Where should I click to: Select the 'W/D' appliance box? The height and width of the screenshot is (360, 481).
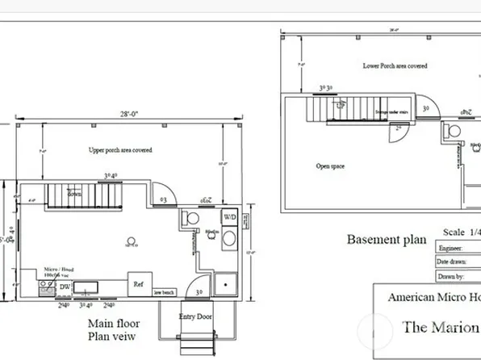[229, 218]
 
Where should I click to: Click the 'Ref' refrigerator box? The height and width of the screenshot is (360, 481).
[138, 284]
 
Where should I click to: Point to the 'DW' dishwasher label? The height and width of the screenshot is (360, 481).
[65, 287]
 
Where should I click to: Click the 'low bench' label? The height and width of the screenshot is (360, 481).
[164, 292]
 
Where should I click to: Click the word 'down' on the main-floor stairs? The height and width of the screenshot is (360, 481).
[74, 194]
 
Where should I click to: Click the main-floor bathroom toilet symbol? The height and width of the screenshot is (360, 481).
[192, 218]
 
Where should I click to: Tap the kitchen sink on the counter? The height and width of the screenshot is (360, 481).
[86, 287]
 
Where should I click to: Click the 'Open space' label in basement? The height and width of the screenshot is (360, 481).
[331, 165]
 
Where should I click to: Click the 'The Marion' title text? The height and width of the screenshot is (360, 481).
[439, 327]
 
